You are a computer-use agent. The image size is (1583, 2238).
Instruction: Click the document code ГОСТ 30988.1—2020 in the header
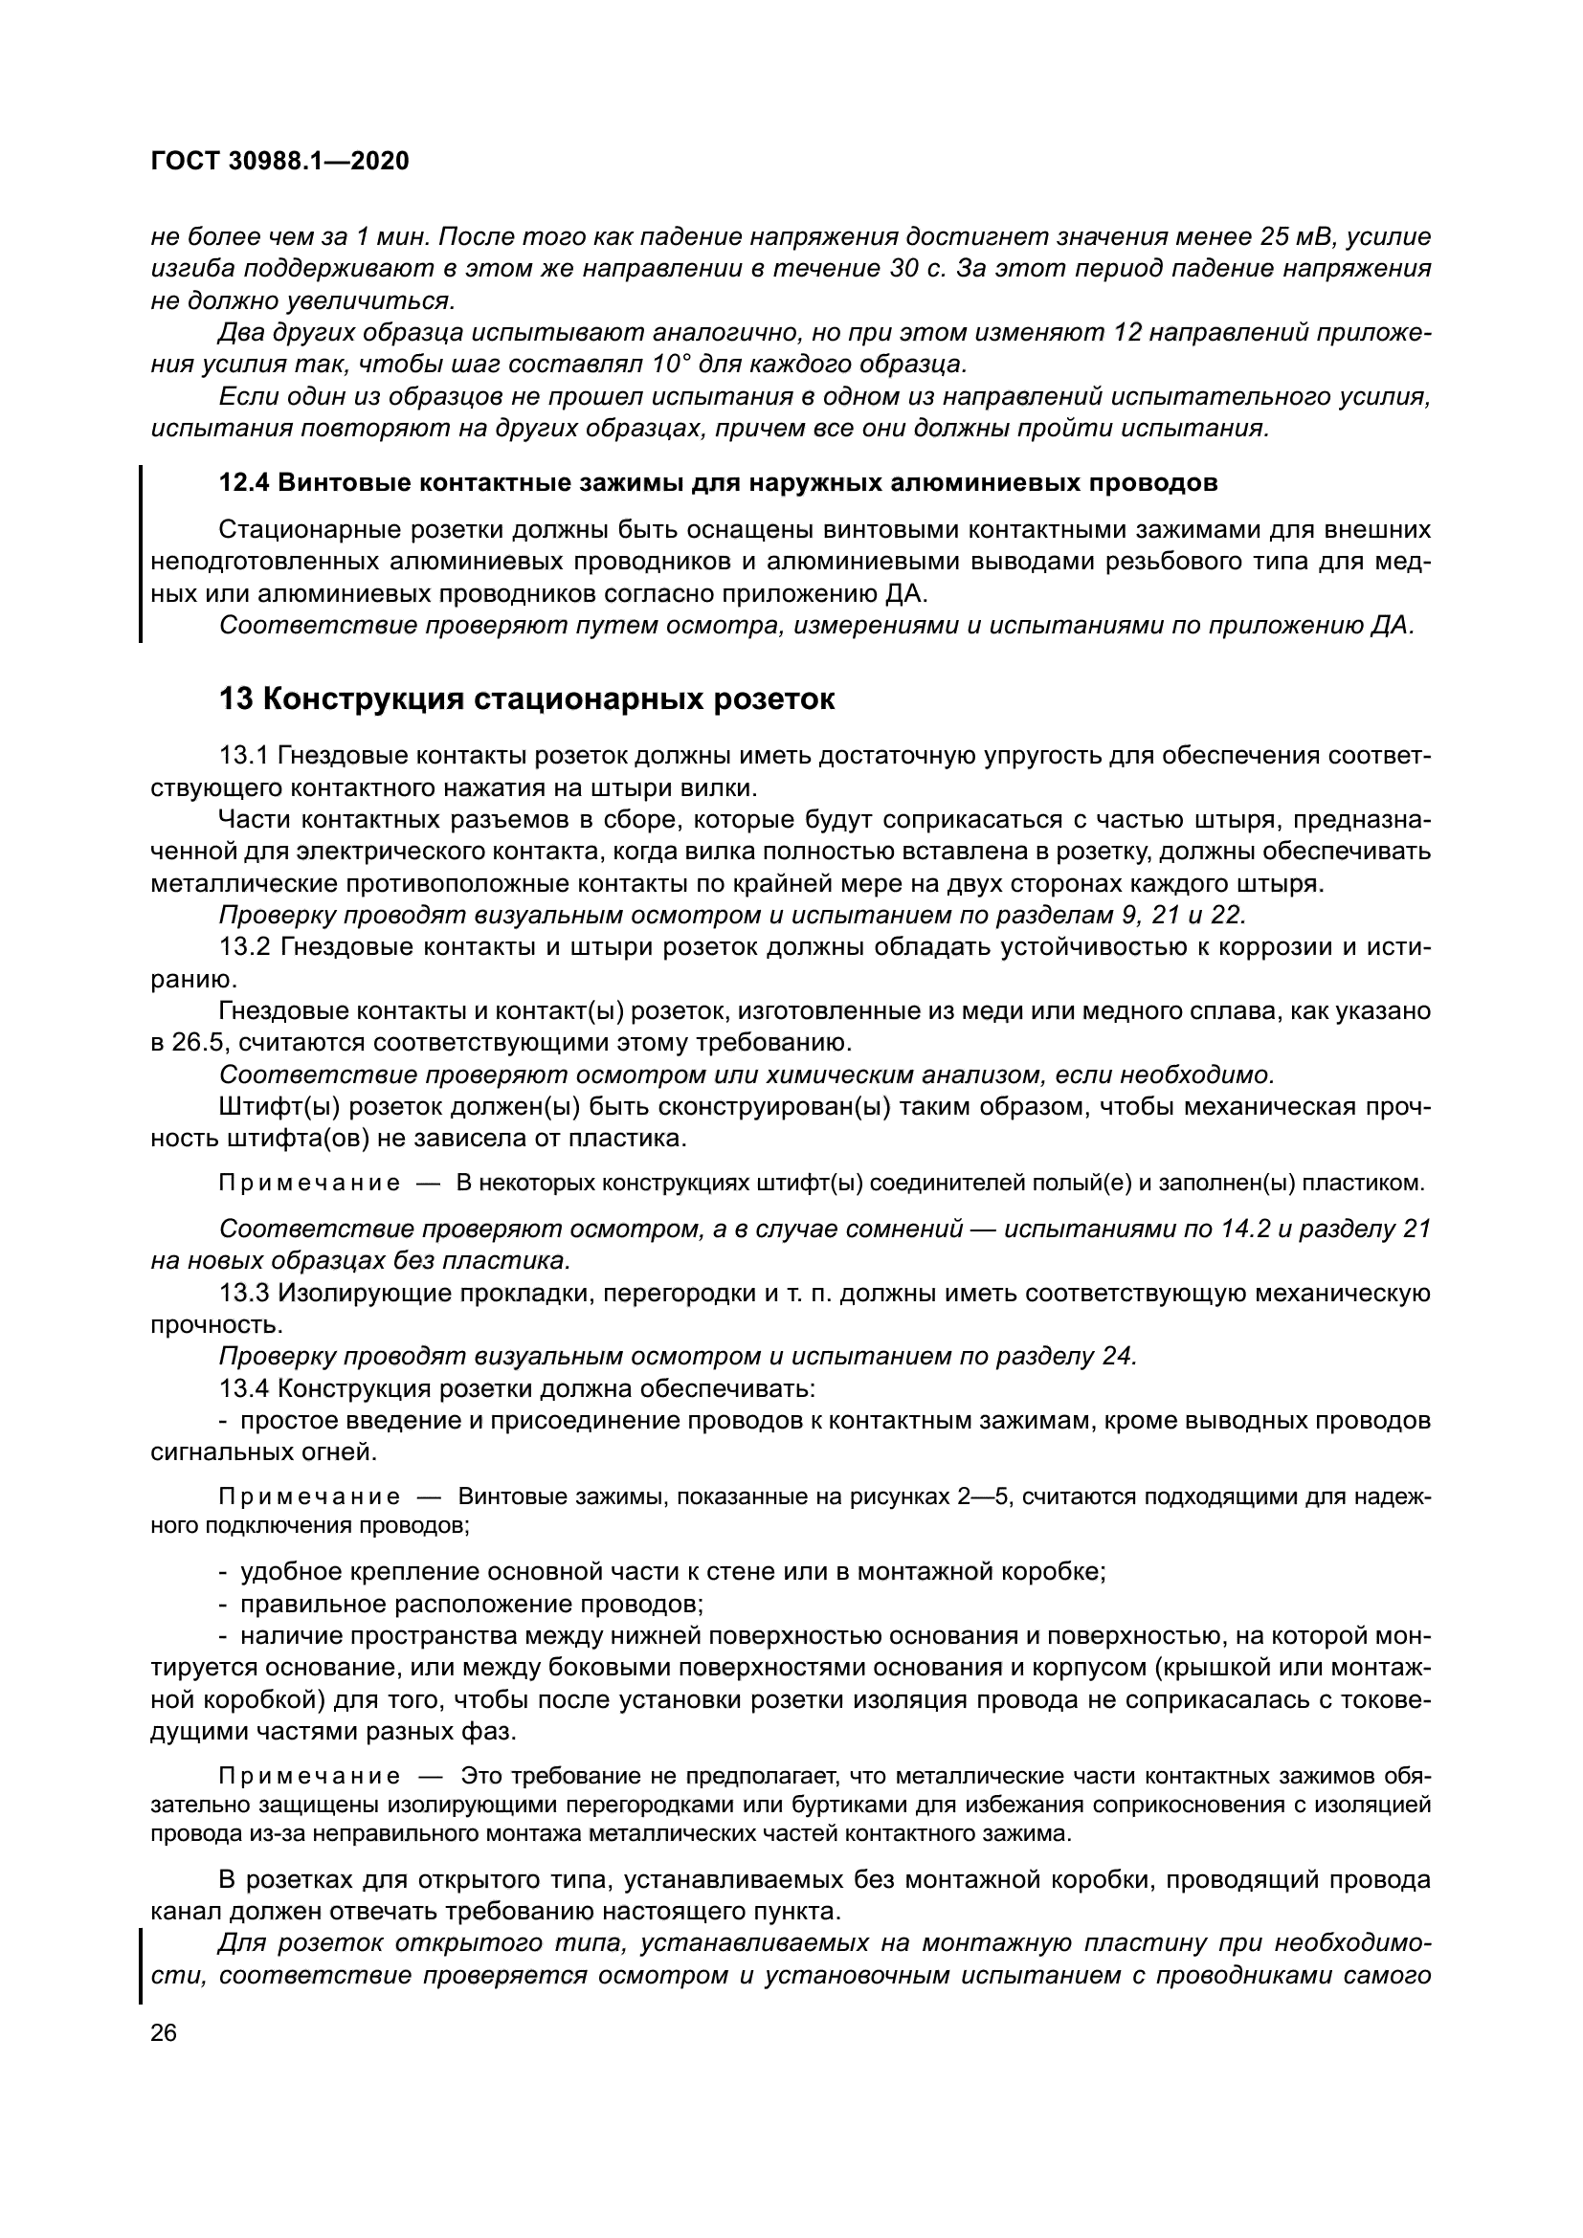point(279,162)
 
